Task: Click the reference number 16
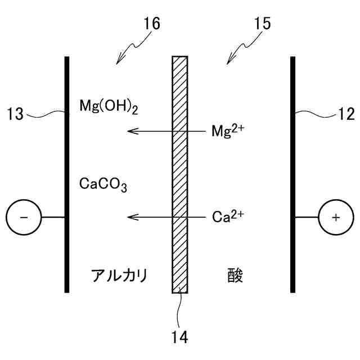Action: (151, 24)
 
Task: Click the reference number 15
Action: (262, 24)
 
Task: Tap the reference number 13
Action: (16, 115)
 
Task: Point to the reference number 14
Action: (180, 337)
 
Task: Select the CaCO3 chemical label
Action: (103, 184)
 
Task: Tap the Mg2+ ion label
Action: (228, 130)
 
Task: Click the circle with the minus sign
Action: (23, 218)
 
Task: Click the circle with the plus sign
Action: (336, 218)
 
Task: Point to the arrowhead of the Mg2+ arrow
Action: (130, 131)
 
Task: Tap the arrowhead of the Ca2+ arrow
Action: (130, 217)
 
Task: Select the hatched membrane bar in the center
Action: (180, 174)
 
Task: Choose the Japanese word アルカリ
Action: (119, 276)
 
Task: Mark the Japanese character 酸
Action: (236, 276)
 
